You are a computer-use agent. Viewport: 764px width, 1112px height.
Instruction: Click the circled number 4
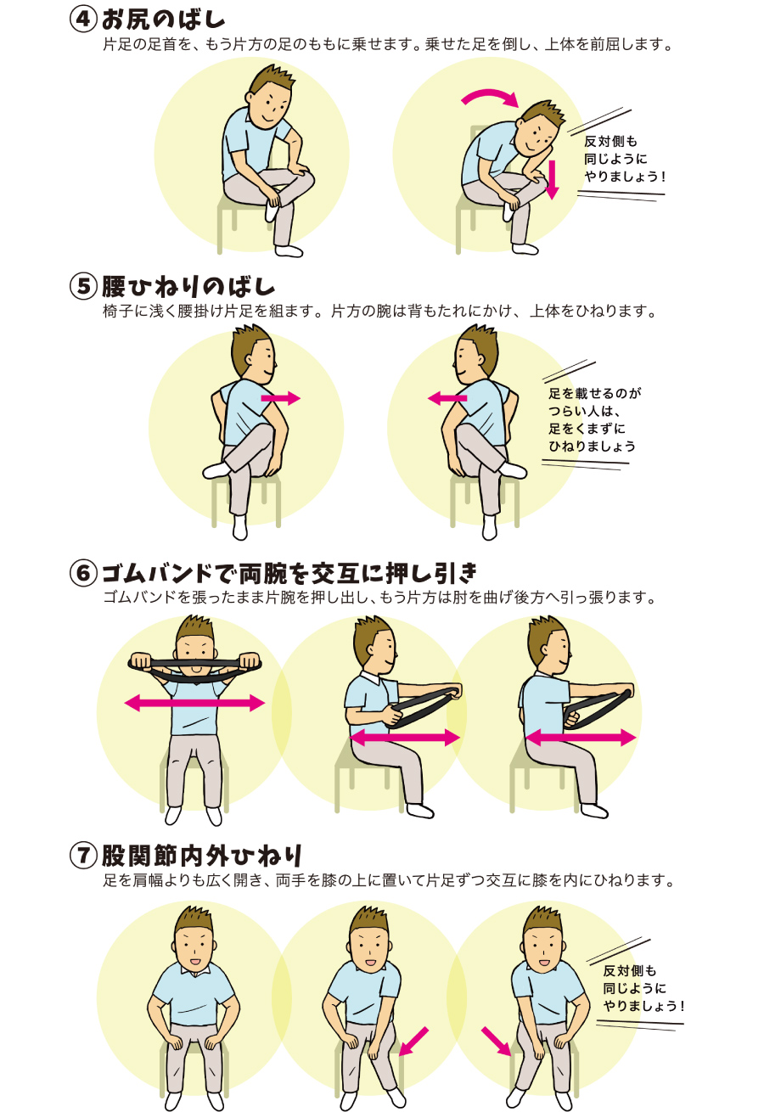point(83,20)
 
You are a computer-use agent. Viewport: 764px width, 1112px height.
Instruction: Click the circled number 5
point(83,287)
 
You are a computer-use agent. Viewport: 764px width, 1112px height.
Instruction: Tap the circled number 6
point(83,573)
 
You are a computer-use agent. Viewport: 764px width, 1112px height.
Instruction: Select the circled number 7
point(83,856)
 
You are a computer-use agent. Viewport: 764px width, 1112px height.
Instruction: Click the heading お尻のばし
point(163,20)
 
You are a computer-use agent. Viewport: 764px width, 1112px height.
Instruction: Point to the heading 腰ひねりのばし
point(188,287)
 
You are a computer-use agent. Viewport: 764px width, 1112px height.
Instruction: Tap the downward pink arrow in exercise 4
point(552,180)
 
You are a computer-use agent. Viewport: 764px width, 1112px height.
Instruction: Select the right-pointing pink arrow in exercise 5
point(280,398)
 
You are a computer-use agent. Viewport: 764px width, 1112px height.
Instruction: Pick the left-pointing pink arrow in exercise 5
point(447,398)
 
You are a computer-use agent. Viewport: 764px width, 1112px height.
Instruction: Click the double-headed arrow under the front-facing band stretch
point(194,703)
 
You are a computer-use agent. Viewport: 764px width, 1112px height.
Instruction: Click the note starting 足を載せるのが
point(595,420)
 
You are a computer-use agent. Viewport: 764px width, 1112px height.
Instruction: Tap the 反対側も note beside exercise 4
point(624,159)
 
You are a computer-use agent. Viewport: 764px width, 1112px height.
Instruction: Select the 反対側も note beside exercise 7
point(643,988)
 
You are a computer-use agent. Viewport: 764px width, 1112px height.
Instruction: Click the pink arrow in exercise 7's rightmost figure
point(496,1042)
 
